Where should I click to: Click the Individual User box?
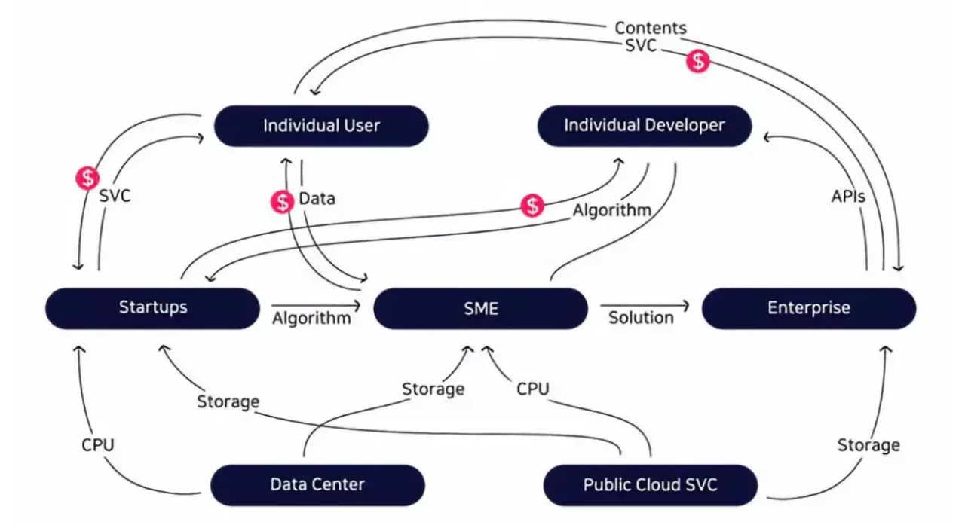[x=321, y=126]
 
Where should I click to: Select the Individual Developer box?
[x=644, y=125]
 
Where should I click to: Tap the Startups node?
[x=153, y=307]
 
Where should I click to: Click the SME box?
[x=480, y=308]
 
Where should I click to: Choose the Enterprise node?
[x=808, y=308]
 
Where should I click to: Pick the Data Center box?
[x=317, y=484]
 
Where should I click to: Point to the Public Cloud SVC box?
[x=650, y=484]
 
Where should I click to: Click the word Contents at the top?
[x=651, y=28]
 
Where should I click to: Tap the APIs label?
[x=848, y=196]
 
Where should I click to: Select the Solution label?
[x=641, y=317]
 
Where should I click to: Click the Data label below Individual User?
[x=317, y=199]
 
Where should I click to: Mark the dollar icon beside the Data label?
[x=282, y=201]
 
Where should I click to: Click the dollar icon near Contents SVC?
[x=698, y=61]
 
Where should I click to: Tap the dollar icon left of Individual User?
[x=87, y=178]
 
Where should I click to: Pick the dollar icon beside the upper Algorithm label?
[x=533, y=205]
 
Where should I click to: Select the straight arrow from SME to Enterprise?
[x=645, y=305]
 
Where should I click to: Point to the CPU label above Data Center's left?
[x=98, y=444]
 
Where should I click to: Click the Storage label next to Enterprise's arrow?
[x=868, y=445]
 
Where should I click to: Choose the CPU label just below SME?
[x=532, y=389]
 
